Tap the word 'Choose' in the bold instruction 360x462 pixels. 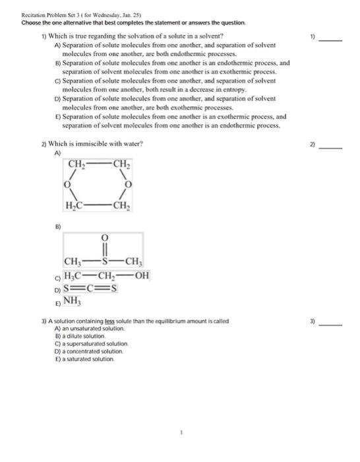[x=32, y=22]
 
